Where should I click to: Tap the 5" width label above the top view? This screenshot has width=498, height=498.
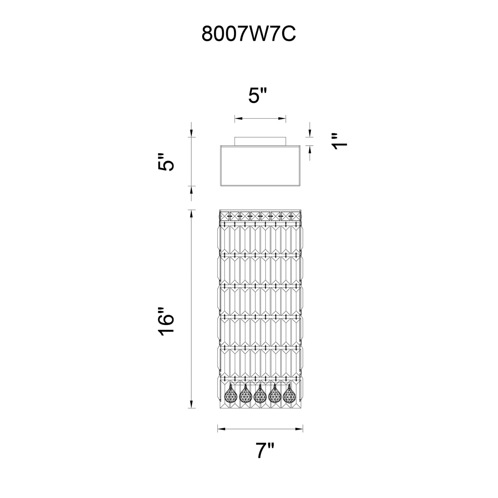coord(258,95)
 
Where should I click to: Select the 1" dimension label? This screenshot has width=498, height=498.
coord(339,142)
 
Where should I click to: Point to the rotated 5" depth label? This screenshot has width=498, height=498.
coord(166,162)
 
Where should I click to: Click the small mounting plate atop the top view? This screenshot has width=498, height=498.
coord(260,142)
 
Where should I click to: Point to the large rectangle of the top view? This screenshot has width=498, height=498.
coord(260,166)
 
